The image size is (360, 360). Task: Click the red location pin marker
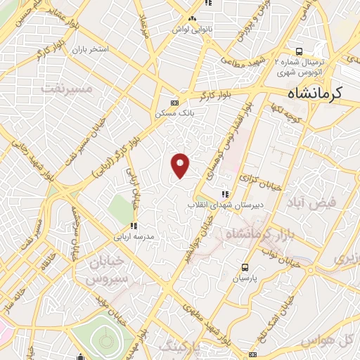point(181,165)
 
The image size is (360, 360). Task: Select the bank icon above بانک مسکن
point(175,101)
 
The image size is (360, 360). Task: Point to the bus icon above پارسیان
point(245,267)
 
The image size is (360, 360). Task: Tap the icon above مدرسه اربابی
point(133,226)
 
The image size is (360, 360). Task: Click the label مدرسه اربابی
point(143,237)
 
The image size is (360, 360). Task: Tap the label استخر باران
point(86,51)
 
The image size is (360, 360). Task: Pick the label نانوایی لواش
point(189,29)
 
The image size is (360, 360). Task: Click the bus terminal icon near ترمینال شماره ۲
point(300,51)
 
